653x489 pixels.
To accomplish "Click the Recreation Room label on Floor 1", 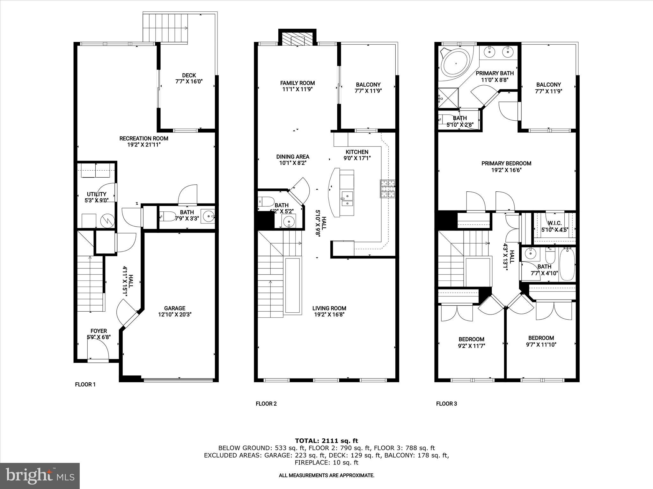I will click(143, 138).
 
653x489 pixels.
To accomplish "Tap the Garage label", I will click(174, 308).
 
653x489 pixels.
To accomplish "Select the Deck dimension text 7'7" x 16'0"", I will click(189, 81).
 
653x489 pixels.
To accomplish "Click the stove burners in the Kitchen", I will click(388, 189).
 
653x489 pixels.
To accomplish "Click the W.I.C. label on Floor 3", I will click(554, 223).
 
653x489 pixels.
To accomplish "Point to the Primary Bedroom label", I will click(506, 164).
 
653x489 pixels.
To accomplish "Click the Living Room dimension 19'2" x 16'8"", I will click(329, 315).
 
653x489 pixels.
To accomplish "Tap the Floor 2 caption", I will click(266, 404).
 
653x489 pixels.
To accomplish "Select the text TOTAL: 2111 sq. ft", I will click(326, 441).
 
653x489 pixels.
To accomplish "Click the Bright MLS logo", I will click(40, 476).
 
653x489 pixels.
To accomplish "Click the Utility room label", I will click(97, 194).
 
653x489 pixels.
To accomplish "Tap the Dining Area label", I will click(292, 157).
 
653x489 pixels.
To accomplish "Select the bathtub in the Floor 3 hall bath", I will click(568, 265).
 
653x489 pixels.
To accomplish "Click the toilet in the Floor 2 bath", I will click(267, 201).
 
